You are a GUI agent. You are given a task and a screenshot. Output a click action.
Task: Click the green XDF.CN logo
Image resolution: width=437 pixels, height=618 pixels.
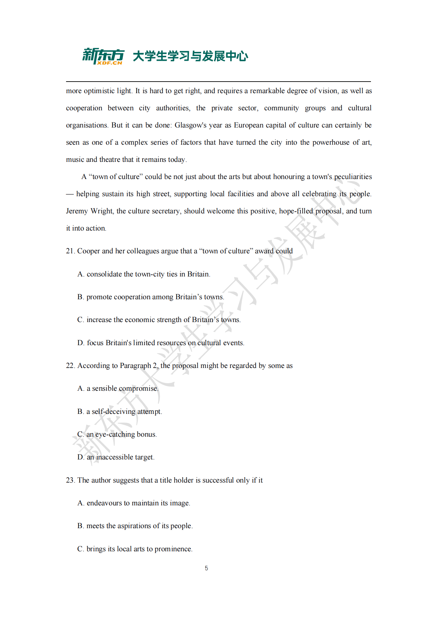tap(103, 56)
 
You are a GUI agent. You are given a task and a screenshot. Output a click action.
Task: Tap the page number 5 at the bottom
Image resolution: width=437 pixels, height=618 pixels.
tap(206, 568)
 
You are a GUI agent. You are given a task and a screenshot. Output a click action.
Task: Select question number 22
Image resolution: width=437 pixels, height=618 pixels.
tap(70, 366)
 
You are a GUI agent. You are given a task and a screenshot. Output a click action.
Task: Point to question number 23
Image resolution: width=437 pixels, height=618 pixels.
tap(70, 480)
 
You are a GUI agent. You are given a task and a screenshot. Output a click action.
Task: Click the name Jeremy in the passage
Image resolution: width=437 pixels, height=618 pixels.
tap(77, 211)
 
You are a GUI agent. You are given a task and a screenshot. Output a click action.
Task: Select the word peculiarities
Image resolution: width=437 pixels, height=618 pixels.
tap(353, 177)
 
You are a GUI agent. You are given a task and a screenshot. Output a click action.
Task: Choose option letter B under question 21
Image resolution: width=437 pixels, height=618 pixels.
tap(80, 297)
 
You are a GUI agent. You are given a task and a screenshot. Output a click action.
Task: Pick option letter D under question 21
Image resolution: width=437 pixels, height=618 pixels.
tap(81, 343)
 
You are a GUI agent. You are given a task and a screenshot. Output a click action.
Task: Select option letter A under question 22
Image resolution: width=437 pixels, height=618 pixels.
tap(81, 388)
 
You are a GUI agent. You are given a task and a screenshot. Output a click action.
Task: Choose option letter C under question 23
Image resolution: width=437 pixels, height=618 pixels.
tap(80, 549)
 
